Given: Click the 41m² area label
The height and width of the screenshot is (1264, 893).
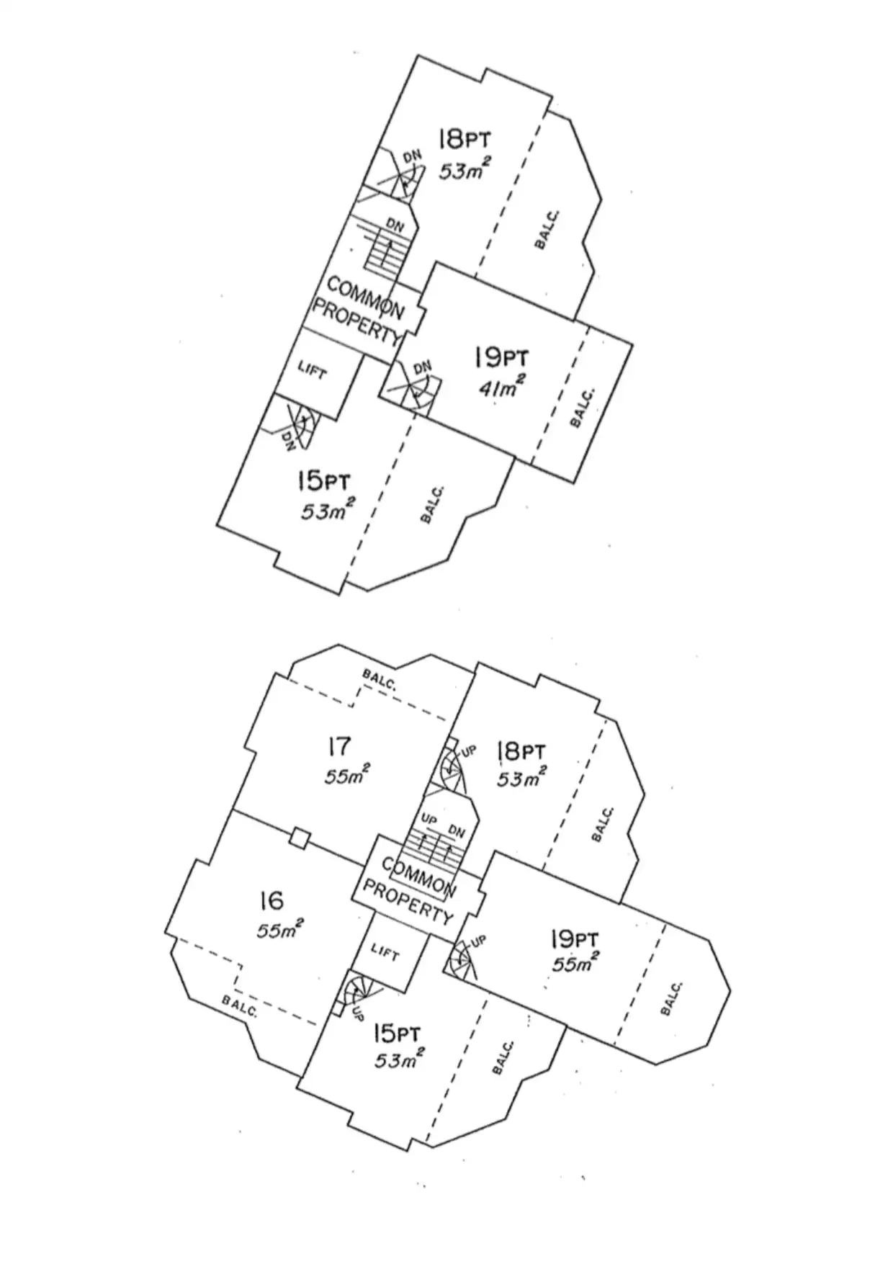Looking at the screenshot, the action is click(501, 387).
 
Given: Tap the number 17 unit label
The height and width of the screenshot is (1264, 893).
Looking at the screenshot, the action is click(338, 747).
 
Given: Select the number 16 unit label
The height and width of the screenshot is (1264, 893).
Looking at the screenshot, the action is click(272, 900).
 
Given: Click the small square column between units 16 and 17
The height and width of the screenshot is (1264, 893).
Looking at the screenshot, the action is click(300, 838).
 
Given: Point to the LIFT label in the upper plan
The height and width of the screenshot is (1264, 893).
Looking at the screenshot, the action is click(313, 372).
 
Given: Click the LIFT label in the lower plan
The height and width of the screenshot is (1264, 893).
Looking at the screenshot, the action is click(385, 953).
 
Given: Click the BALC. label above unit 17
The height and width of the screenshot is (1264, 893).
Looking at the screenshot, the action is click(379, 679).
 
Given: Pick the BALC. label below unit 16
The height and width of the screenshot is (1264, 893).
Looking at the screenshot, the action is click(240, 1006).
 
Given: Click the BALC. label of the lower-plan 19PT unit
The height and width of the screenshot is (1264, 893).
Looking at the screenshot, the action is click(671, 998).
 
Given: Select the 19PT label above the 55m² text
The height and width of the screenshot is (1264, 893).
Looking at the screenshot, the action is click(573, 940).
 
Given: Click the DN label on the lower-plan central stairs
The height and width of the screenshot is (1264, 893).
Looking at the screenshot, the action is click(457, 830).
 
